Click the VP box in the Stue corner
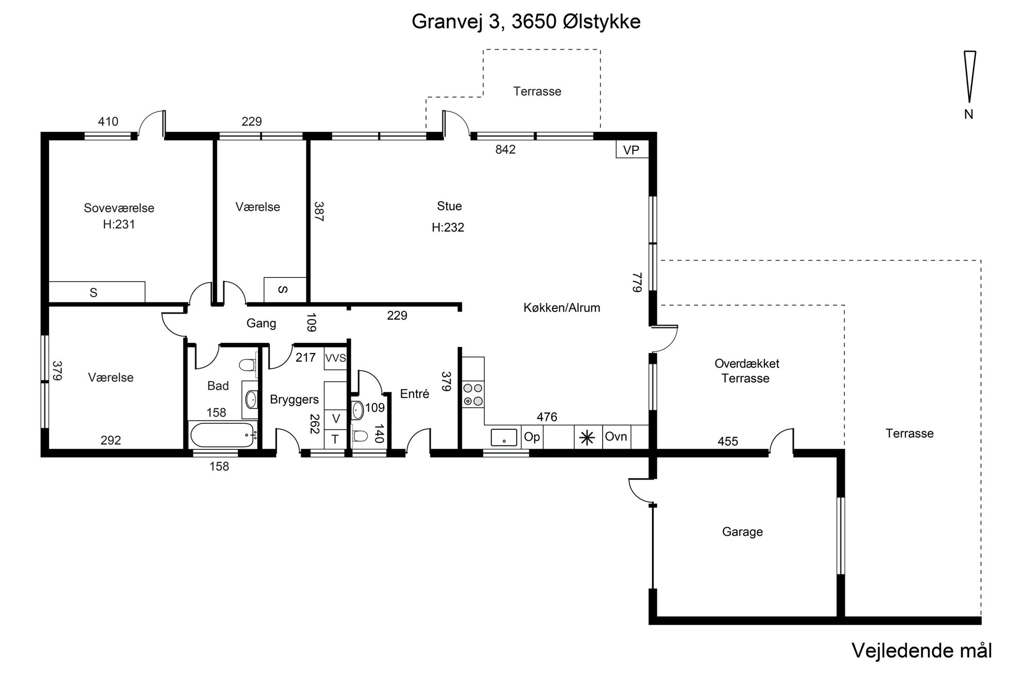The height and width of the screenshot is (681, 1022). point(632,149)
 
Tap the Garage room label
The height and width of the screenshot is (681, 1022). point(742,532)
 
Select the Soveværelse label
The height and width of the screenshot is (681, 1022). point(119,208)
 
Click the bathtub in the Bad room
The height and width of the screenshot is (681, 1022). point(223,435)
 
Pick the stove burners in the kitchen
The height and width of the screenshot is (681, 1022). point(473,395)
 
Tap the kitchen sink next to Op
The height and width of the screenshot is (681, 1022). point(503,438)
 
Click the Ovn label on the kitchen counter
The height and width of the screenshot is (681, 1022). point(616,436)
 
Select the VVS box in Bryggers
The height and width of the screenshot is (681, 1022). point(336,358)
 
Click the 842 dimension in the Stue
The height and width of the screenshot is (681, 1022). point(505,149)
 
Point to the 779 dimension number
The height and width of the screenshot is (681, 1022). point(638,283)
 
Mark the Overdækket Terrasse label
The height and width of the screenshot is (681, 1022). point(746,371)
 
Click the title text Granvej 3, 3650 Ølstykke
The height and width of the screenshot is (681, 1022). point(526,22)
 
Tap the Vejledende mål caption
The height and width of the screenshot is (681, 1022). point(922,651)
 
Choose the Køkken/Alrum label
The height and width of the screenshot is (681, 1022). point(562,308)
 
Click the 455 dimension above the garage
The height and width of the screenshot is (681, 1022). point(728,441)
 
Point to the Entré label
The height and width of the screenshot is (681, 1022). point(415,394)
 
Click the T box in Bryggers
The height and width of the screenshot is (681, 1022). point(335,439)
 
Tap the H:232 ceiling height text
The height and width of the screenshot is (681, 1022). point(448,228)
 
